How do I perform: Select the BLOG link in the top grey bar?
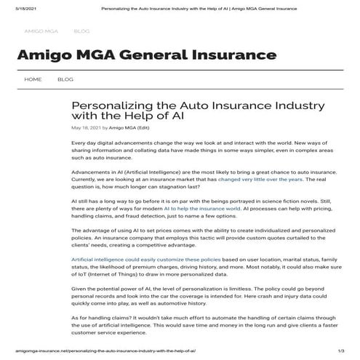pyautogui.click(x=81, y=31)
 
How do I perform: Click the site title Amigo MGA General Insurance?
pyautogui.click(x=146, y=55)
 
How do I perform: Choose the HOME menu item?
pyautogui.click(x=33, y=79)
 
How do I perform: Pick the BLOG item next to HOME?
pyautogui.click(x=65, y=79)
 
